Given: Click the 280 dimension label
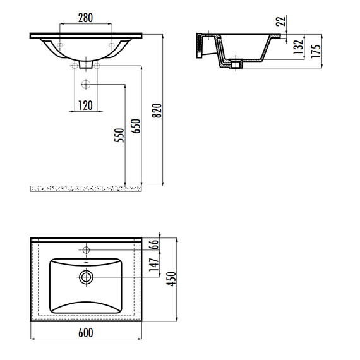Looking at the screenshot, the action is [85, 18].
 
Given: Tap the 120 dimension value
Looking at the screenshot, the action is [85, 105].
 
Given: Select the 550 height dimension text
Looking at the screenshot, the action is [119, 135].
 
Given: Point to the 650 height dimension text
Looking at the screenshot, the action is [135, 126].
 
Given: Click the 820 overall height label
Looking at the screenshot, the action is [157, 111].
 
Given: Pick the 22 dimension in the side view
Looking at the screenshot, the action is [281, 21].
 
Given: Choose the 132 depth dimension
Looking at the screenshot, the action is [298, 47].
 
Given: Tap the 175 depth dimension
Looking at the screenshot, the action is [316, 51].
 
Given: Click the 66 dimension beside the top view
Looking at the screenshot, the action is [154, 244].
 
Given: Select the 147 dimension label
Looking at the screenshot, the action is [154, 265].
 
